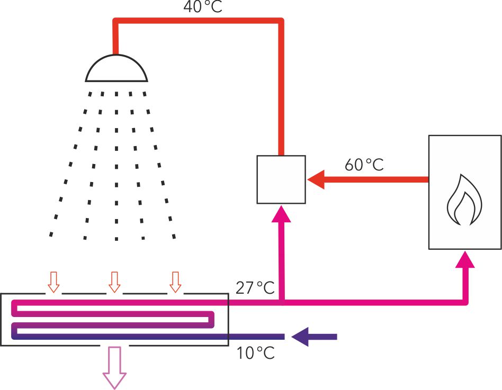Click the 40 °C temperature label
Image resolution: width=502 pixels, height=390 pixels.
(x=203, y=7)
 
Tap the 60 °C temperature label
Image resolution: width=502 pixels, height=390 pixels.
(x=364, y=165)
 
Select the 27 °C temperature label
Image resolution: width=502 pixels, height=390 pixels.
(x=255, y=288)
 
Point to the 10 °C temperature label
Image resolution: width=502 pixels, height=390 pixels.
(x=256, y=352)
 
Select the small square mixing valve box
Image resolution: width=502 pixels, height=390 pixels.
(x=281, y=179)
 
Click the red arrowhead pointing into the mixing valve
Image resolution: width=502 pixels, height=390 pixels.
(x=316, y=180)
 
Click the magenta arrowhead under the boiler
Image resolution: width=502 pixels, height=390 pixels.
(x=465, y=259)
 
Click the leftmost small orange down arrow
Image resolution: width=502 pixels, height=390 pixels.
(x=53, y=282)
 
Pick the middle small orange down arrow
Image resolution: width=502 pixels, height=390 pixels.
(x=114, y=282)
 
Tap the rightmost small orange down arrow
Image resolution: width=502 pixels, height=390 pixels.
(x=175, y=282)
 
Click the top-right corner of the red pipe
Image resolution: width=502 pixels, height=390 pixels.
(x=281, y=21)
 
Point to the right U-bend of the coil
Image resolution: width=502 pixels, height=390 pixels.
(x=212, y=319)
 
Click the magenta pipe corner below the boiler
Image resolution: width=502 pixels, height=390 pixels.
(x=465, y=303)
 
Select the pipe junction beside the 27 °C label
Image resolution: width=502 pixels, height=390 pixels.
(x=281, y=303)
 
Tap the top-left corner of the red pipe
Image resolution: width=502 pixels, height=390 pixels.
(x=115, y=21)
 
